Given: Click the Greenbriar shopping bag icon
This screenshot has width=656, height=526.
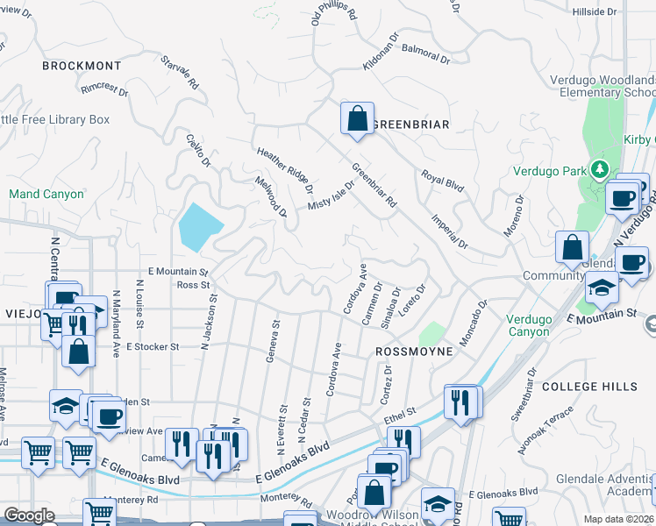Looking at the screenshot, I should [x=357, y=119].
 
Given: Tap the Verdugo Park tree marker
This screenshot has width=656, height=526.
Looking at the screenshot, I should [x=599, y=167].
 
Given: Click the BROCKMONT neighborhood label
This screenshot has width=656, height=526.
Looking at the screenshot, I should [x=82, y=66].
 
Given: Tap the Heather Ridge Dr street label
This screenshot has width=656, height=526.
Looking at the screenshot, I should [x=285, y=169].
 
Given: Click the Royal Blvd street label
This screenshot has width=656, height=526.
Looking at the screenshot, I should [x=441, y=181].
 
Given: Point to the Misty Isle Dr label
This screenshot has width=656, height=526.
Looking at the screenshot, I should [x=331, y=195].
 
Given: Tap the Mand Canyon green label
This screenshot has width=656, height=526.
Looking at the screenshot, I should [x=46, y=194].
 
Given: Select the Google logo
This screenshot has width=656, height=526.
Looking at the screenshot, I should [x=29, y=515].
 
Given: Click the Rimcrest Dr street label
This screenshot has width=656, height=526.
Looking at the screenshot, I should [x=103, y=89].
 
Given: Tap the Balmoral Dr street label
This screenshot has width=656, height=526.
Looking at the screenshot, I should [x=425, y=54].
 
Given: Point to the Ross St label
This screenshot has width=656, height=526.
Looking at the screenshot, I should [x=193, y=285].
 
